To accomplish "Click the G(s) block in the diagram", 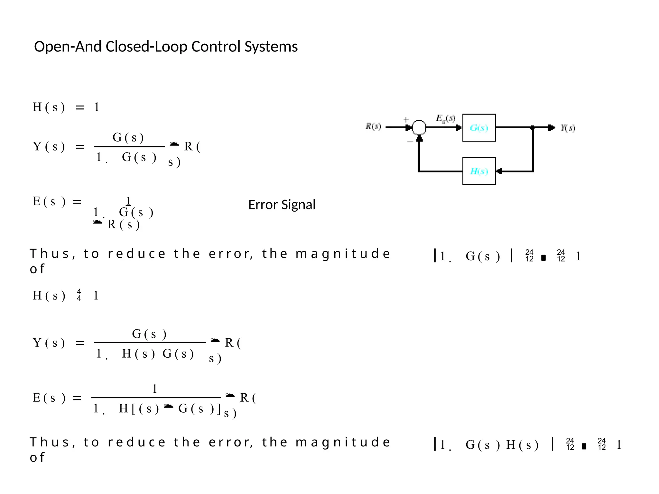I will coord(479,128).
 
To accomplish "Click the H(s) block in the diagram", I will coord(479,171).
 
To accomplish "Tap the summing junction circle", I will coord(419,127).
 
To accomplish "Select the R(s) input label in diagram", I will coord(373,126).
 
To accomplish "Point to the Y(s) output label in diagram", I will coord(568,128).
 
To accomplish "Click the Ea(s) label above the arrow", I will coord(446,118).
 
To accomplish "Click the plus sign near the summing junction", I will coord(406,119).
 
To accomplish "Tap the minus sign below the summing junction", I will coord(410,141).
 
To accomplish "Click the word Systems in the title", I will coord(271,47).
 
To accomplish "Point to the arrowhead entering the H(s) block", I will coord(499,171).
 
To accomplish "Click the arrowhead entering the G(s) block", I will coord(459,128).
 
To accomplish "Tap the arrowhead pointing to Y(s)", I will coord(552,128).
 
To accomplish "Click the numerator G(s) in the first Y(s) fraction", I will coord(128,137).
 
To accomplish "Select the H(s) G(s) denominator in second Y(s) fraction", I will coord(158,354).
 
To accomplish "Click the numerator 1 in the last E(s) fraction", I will coord(155,389).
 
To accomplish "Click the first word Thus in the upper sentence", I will coord(50,254).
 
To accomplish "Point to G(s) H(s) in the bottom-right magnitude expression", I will coord(502,445).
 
